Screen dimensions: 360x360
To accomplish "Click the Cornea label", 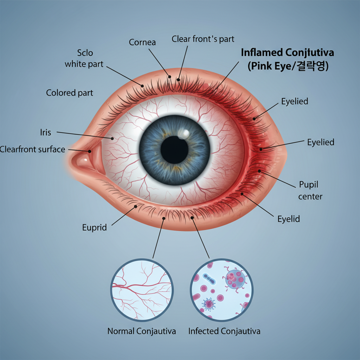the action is click(142, 43).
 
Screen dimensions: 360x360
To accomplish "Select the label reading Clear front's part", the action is click(203, 39).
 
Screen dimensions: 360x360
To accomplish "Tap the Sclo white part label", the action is click(84, 59).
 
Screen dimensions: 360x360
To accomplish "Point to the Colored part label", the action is click(70, 93).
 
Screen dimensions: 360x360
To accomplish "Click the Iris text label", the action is click(45, 133).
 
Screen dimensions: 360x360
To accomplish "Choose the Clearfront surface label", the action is click(32, 149).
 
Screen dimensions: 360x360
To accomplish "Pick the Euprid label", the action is click(94, 227).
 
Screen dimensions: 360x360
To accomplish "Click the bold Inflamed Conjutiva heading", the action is click(287, 53).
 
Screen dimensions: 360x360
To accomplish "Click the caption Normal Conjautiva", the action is click(142, 331).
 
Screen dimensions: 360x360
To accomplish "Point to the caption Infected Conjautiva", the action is click(224, 331).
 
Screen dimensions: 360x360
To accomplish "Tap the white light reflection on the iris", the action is click(184, 134).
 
